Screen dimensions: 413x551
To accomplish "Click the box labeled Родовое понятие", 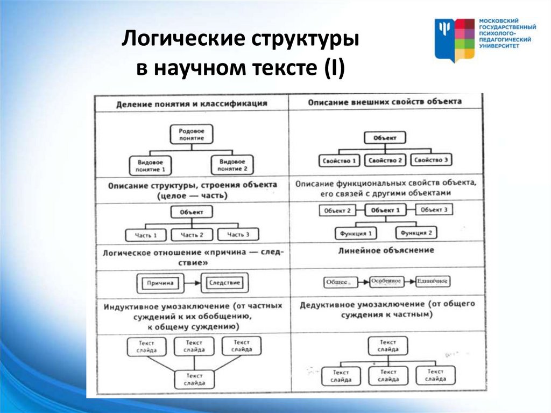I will coord(191,135).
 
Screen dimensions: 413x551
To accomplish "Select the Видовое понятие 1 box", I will coord(150,165).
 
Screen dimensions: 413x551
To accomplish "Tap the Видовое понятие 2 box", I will coord(232,165).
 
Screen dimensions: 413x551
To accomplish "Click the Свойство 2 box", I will coord(385,160).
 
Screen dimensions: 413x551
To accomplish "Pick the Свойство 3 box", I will coord(431,160).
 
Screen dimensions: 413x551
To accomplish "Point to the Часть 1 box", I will coord(146,235).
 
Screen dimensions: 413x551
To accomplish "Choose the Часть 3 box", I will coord(238,235).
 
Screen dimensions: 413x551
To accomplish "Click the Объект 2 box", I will coord(337,211).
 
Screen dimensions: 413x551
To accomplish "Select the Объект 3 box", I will coord(434,210).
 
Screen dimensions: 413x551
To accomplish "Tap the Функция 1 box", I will coord(356,234).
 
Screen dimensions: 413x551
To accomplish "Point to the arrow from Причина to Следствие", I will coord(192,282).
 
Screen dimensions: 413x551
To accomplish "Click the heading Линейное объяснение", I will coord(387,251).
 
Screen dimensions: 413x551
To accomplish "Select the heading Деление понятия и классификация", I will coord(192,103).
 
